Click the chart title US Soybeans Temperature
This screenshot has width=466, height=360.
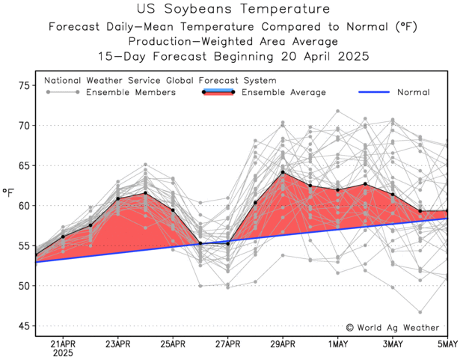point(233,10)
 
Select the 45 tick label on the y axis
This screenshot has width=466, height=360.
point(23,326)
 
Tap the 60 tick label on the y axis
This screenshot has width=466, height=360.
point(23,206)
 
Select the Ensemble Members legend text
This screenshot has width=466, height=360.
point(131,92)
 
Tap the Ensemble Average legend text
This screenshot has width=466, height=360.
point(283,92)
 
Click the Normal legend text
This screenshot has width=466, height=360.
point(413,92)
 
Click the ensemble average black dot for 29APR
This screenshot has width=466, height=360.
point(283,173)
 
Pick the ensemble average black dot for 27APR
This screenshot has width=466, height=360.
point(227,242)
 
